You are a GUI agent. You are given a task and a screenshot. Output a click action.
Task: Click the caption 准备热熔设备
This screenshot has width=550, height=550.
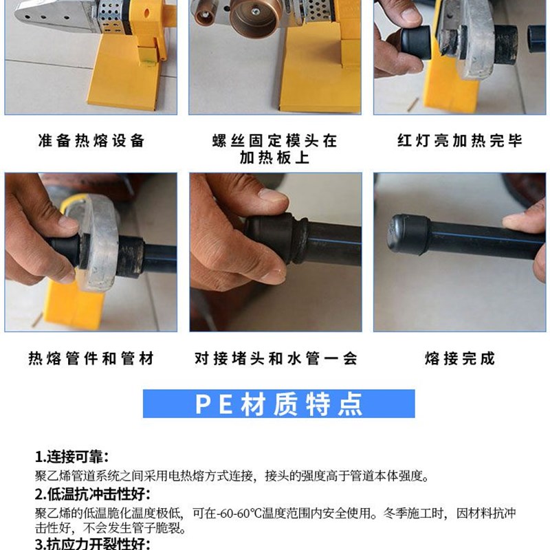[x=91, y=141]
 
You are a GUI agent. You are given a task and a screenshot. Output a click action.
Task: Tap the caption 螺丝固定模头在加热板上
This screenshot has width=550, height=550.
[x=274, y=149]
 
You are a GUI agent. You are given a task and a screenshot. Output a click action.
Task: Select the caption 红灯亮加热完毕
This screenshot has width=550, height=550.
[x=460, y=141]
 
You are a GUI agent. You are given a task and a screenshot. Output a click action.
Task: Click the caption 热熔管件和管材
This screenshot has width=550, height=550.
[x=91, y=358]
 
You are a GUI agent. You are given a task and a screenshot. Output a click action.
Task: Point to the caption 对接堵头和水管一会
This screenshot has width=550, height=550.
[x=275, y=358]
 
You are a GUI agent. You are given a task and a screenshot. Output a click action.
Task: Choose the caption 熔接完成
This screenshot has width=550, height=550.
[x=460, y=358]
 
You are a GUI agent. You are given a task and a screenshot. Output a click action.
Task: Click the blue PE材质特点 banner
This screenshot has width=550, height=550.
[x=278, y=404]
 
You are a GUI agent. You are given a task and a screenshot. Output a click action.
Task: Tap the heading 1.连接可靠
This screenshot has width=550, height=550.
[x=72, y=457]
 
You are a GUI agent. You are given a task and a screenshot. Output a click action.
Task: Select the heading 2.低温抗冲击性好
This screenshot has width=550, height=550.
[x=93, y=494]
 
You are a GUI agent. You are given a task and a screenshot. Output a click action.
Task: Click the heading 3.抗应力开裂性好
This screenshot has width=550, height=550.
[x=93, y=544]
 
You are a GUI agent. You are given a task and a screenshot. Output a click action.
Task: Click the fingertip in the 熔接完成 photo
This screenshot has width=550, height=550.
[x=516, y=222]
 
